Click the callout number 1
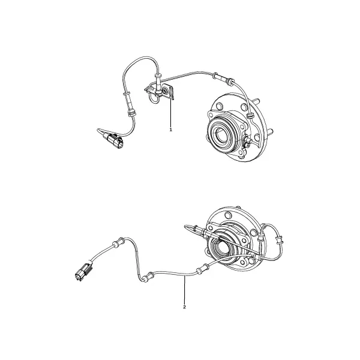[170, 130]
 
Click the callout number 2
[184, 307]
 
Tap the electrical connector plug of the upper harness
[113, 140]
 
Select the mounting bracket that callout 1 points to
[169, 92]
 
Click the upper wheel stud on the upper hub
[256, 101]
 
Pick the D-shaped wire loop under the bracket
[154, 99]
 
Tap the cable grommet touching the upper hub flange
[250, 115]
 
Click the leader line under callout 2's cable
[184, 290]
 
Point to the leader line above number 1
[171, 113]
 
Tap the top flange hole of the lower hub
[228, 215]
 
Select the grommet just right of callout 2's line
[200, 270]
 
